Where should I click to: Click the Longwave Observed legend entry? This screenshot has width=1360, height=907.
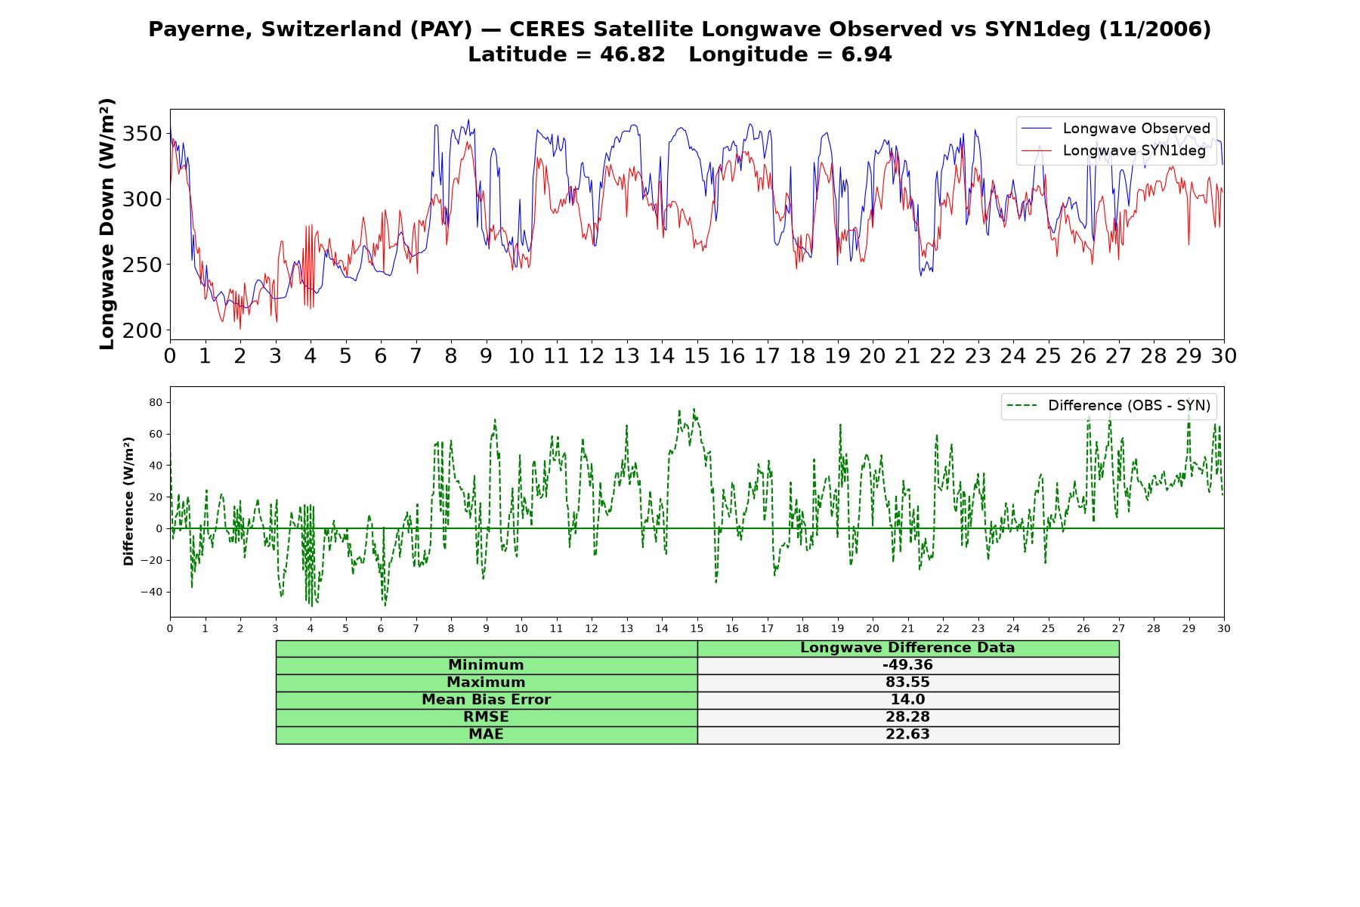[1116, 128]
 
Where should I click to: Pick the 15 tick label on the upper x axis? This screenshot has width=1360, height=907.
[697, 356]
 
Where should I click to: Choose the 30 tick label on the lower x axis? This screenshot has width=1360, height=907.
[1224, 628]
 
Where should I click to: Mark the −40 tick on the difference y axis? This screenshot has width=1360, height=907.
[151, 592]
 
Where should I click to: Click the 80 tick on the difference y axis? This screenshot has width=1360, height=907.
[156, 403]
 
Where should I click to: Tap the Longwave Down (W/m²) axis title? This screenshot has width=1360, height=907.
[107, 224]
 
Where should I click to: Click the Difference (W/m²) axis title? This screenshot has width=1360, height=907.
[128, 501]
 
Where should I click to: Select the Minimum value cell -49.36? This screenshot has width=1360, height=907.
[907, 665]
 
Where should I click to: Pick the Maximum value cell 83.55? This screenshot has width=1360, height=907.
[907, 683]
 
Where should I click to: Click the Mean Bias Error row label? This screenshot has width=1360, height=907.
[486, 700]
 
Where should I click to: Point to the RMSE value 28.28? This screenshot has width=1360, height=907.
[907, 717]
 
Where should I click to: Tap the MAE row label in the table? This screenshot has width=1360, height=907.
[486, 735]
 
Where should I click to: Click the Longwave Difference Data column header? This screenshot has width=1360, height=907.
[907, 648]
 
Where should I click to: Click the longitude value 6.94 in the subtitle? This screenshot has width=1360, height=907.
[867, 55]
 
